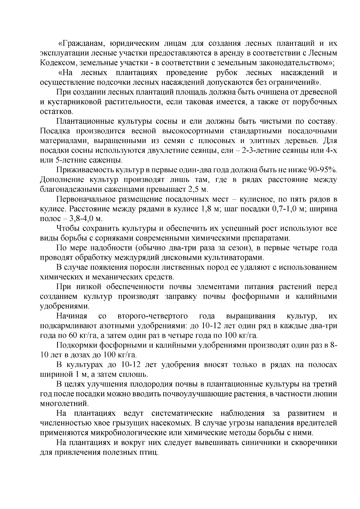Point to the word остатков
(x=56, y=112)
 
